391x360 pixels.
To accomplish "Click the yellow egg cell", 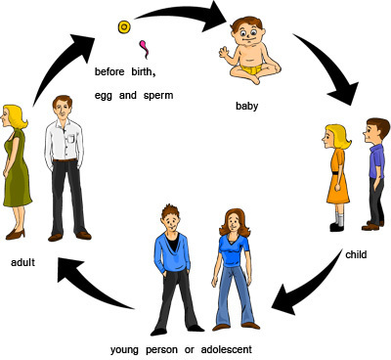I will [x=124, y=27].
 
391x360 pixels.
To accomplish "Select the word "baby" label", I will [x=247, y=105].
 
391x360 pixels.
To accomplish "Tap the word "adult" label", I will [x=23, y=262].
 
